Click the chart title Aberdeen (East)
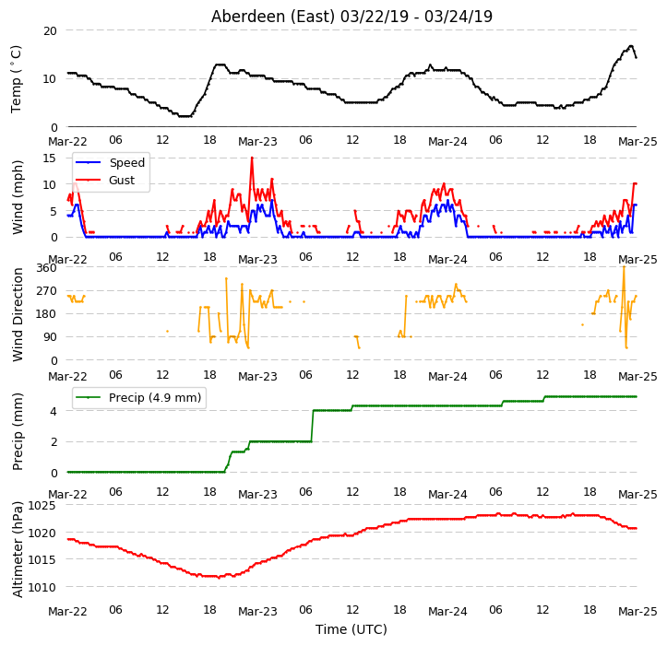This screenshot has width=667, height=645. pyautogui.click(x=273, y=17)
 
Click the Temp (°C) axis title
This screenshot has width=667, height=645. pyautogui.click(x=17, y=79)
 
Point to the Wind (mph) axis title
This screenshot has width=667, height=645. pyautogui.click(x=18, y=197)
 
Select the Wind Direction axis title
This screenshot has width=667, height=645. pyautogui.click(x=18, y=315)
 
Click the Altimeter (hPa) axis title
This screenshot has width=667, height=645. pyautogui.click(x=18, y=549)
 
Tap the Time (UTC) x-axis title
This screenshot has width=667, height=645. pyautogui.click(x=351, y=629)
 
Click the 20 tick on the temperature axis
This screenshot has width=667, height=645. pyautogui.click(x=50, y=31)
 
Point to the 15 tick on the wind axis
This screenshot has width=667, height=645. pyautogui.click(x=50, y=158)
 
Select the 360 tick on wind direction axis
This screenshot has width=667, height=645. pyautogui.click(x=47, y=268)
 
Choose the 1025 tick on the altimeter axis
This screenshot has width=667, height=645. pyautogui.click(x=42, y=506)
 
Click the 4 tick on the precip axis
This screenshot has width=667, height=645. pyautogui.click(x=54, y=411)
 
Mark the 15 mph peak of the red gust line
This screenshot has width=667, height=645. pyautogui.click(x=252, y=158)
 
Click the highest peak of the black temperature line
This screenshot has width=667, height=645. pyautogui.click(x=631, y=46)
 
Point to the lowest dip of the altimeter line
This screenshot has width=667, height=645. pyautogui.click(x=219, y=578)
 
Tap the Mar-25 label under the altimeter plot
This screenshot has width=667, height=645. pyautogui.click(x=637, y=612)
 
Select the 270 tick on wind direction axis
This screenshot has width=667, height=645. pyautogui.click(x=47, y=291)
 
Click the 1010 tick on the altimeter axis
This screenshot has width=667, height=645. pyautogui.click(x=42, y=587)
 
